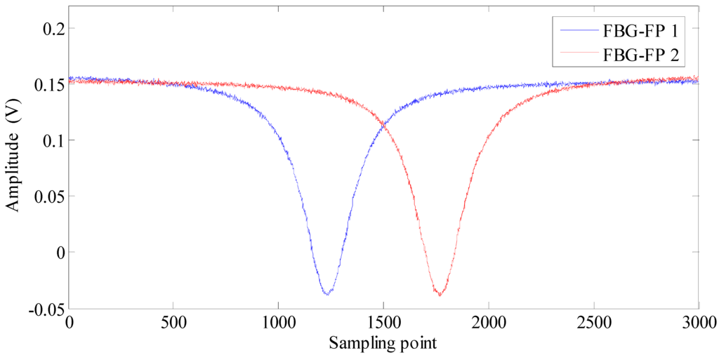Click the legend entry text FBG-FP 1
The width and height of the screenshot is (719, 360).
(638, 32)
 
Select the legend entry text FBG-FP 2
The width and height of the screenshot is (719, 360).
(638, 53)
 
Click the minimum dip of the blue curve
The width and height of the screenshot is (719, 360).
(328, 293)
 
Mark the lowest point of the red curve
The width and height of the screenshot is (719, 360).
(440, 293)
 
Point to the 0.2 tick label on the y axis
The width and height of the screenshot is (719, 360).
(51, 29)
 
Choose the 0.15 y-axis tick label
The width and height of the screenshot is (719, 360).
(46, 85)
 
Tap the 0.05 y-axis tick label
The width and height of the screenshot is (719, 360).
(46, 196)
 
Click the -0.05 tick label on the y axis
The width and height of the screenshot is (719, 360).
(44, 308)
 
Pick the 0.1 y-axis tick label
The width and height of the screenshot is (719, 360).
(51, 140)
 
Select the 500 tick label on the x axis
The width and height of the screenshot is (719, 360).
(173, 323)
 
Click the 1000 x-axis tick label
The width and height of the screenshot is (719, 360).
(279, 323)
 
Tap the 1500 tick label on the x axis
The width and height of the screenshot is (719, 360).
(383, 323)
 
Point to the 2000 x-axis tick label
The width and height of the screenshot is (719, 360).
(489, 323)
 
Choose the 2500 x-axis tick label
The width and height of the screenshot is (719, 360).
(594, 323)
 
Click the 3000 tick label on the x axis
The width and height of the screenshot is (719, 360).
(697, 323)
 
